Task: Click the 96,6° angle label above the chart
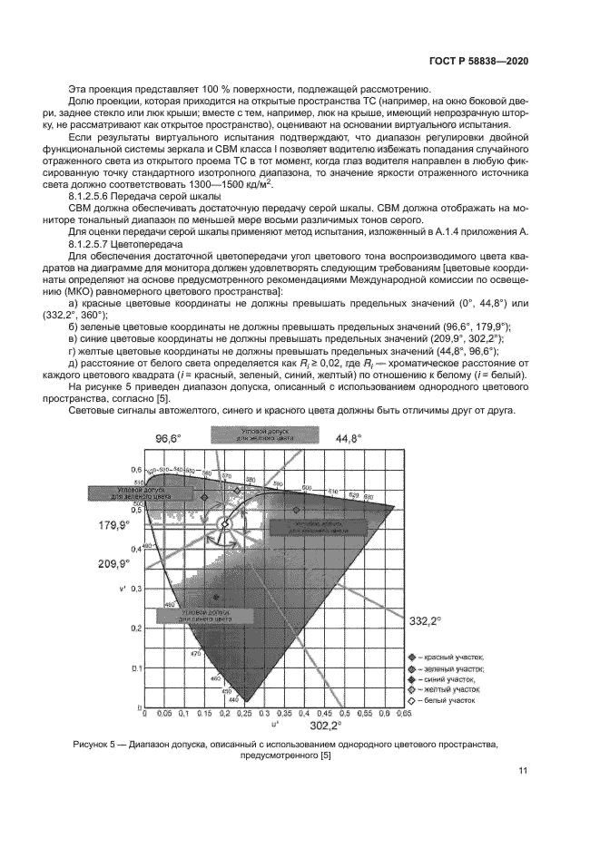168,438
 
